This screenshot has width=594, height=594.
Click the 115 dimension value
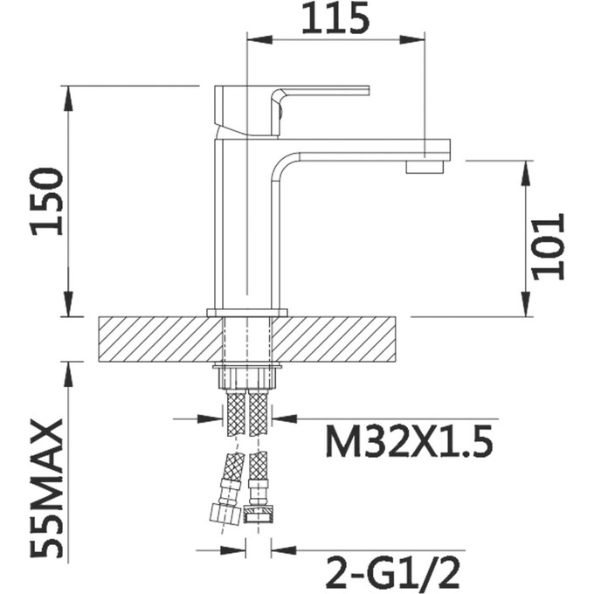(335, 18)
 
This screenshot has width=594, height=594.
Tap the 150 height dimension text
(47, 203)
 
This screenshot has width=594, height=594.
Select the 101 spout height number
(549, 246)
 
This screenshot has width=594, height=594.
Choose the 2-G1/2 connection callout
(392, 571)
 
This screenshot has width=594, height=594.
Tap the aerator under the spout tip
(425, 167)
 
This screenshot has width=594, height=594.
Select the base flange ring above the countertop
(247, 313)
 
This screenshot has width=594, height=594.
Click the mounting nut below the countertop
(247, 378)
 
